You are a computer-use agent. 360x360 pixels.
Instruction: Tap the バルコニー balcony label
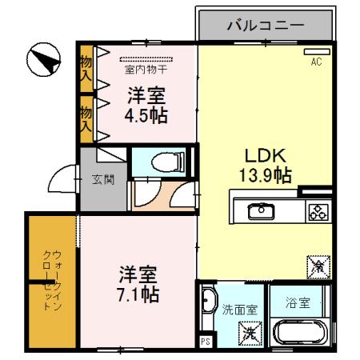[265, 25]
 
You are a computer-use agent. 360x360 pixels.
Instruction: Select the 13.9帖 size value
[262, 174]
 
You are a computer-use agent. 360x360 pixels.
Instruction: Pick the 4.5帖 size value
[146, 114]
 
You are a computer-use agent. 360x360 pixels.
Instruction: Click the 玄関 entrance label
[103, 179]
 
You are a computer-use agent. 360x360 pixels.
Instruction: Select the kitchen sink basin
[260, 211]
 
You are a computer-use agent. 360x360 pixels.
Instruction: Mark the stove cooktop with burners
[318, 211]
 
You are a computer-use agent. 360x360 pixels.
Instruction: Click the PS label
[205, 343]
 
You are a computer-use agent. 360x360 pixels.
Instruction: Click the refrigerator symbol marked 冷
[316, 265]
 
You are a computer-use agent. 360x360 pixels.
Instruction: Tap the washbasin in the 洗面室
[209, 302]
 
